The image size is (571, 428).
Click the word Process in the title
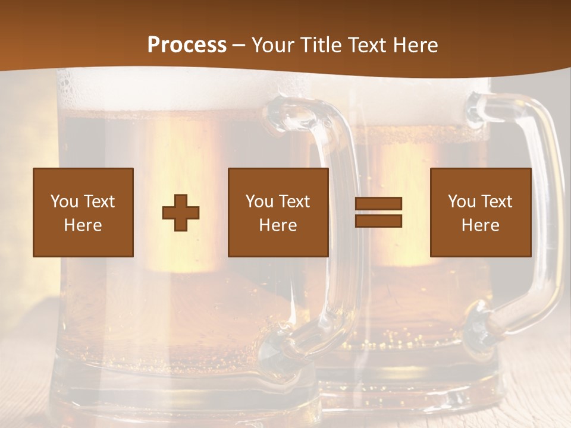(x=187, y=45)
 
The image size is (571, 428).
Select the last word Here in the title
(x=415, y=45)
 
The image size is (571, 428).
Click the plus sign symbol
(x=181, y=212)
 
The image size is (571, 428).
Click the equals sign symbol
(x=378, y=212)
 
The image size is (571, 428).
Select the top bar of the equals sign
(x=378, y=204)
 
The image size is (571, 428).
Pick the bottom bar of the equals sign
(x=378, y=221)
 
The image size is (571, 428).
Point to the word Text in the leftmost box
(x=99, y=202)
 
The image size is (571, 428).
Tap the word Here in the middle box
(x=278, y=225)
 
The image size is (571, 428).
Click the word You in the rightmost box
(x=462, y=202)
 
